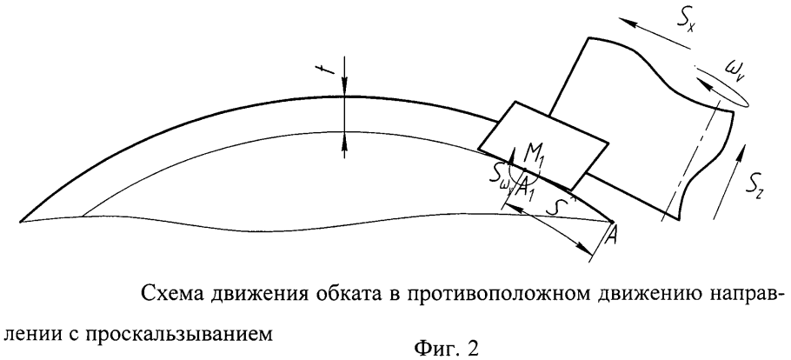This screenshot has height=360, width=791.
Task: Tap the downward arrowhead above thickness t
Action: tap(344, 89)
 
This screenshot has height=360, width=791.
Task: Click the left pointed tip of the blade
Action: tap(21, 221)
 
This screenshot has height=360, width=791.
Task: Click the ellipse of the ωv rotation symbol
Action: tap(721, 89)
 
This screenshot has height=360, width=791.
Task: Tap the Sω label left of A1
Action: tap(500, 177)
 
